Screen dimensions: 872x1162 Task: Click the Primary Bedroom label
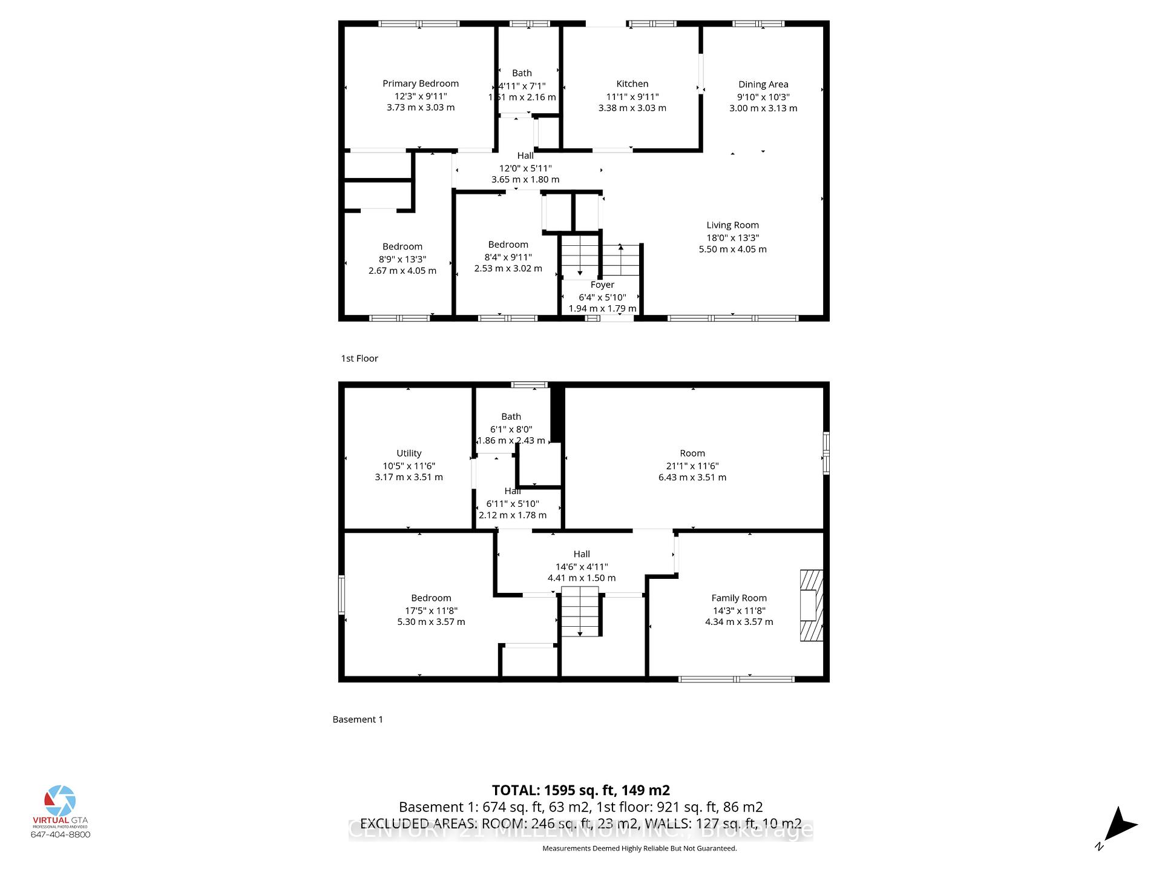[421, 84]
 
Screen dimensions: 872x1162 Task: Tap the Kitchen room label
[632, 84]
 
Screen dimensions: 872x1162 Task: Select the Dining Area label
[763, 85]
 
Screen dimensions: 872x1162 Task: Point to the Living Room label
[732, 225]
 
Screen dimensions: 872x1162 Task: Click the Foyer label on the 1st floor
[602, 285]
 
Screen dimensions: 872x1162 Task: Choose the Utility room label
[409, 454]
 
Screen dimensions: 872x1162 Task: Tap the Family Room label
[738, 598]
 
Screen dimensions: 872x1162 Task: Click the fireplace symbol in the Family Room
[812, 605]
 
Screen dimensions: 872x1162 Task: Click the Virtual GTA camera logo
[60, 801]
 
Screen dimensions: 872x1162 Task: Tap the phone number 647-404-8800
[61, 834]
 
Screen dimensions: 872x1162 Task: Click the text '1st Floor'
[359, 358]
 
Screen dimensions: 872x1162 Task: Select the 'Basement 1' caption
[358, 719]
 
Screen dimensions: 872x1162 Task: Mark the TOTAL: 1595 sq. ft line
[580, 790]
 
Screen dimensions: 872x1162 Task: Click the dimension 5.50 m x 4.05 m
[732, 249]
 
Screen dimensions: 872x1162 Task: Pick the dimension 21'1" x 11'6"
[692, 466]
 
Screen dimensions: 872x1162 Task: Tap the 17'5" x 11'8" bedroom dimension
[431, 610]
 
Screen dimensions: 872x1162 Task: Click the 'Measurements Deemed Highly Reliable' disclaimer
[639, 848]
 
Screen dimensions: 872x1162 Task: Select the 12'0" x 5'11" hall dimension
[525, 168]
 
